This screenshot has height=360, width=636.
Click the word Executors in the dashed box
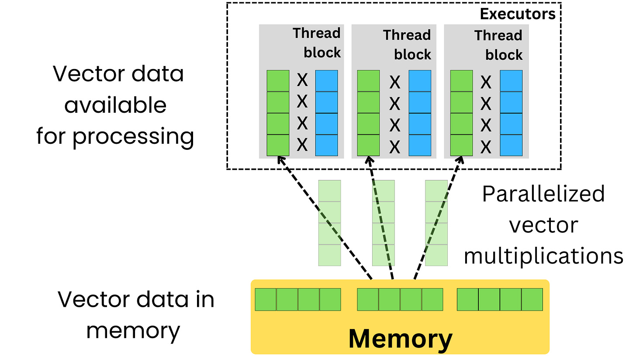click(517, 14)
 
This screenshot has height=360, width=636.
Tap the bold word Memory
click(400, 339)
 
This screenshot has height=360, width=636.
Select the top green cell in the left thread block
click(278, 81)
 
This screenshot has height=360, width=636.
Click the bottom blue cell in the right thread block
click(511, 145)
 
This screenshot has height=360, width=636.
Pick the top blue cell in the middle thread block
click(420, 81)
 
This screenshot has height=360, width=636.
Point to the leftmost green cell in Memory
click(266, 299)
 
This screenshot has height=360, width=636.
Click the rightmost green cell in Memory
click(532, 299)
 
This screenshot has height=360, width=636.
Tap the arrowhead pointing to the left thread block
click(280, 160)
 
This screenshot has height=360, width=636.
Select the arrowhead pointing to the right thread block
click(460, 160)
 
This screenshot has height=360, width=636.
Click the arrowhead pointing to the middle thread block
click(369, 160)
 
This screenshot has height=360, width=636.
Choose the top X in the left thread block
click(302, 80)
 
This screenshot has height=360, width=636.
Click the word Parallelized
click(543, 194)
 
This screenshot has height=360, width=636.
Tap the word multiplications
click(543, 256)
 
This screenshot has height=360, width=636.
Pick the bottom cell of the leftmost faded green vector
click(329, 255)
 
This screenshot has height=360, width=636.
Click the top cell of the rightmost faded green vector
click(436, 190)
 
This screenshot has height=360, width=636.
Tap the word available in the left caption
click(115, 105)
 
